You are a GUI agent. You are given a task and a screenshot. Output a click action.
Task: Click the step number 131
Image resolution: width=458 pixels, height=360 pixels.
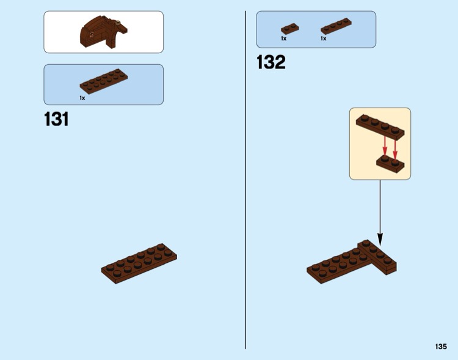tap(57, 119)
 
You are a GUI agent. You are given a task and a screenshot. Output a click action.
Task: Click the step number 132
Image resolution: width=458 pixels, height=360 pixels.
tap(271, 62)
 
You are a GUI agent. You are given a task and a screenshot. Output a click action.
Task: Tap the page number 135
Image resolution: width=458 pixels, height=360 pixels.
tap(441, 346)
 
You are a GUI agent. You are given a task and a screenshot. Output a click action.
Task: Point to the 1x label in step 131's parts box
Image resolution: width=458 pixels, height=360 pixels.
tap(82, 98)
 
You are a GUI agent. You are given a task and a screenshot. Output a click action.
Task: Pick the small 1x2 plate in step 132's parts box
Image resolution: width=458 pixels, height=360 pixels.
tap(289, 28)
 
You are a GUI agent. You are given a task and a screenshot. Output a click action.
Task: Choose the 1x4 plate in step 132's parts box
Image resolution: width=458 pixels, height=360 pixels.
tap(336, 26)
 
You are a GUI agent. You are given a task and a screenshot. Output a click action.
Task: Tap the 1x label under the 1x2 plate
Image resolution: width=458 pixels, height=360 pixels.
tap(283, 39)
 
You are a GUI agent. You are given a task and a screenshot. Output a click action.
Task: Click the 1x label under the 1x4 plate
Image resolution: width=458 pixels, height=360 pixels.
tap(323, 39)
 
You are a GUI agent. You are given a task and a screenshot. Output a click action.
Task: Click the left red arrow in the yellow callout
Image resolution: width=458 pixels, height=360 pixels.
tap(385, 145)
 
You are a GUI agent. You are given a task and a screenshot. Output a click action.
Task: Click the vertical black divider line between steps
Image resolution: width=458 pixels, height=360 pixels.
tap(245, 183)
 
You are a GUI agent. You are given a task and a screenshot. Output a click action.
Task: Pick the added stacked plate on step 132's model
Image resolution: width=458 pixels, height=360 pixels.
tap(379, 255)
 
